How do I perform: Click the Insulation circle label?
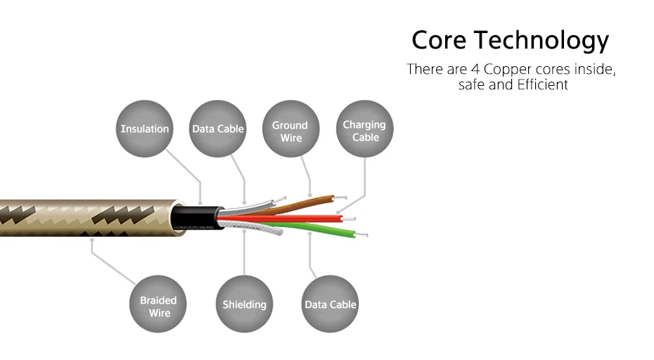tap(145, 129)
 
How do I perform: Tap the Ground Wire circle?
tap(290, 131)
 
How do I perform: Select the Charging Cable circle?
tap(365, 131)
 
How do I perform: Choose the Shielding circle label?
tap(244, 304)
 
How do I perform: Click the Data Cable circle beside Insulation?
tap(218, 129)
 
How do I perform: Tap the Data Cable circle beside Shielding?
tap(330, 304)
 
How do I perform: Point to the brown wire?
tap(309, 202)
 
